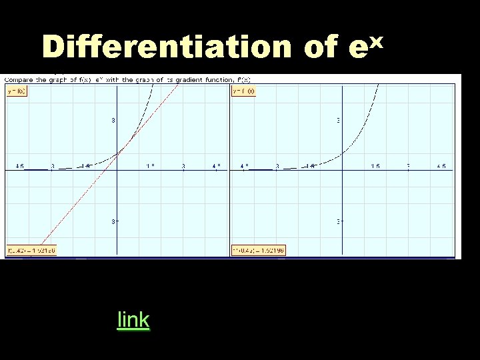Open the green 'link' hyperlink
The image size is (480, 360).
pyautogui.click(x=133, y=320)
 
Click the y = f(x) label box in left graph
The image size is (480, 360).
pyautogui.click(x=17, y=91)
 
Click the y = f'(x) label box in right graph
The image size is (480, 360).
pyautogui.click(x=243, y=91)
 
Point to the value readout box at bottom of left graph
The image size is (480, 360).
pyautogui.click(x=31, y=251)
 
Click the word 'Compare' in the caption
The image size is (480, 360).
pyautogui.click(x=21, y=80)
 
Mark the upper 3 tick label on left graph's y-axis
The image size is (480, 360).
pyautogui.click(x=113, y=121)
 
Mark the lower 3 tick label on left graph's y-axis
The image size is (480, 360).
pyautogui.click(x=113, y=221)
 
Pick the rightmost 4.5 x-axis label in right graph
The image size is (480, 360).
pyautogui.click(x=441, y=165)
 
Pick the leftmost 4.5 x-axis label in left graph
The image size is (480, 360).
pyautogui.click(x=20, y=165)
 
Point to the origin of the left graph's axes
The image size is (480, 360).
pyautogui.click(x=117, y=171)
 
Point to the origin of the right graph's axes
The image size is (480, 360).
pyautogui.click(x=342, y=171)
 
